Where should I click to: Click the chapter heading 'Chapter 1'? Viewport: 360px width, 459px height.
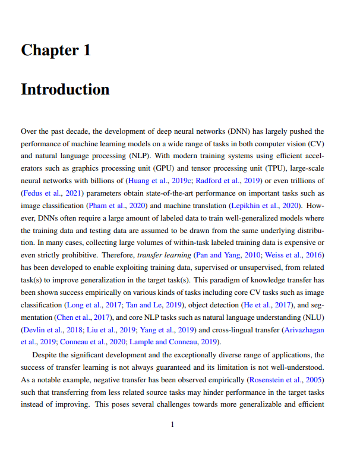click(56, 50)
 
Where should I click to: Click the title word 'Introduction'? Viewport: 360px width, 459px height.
click(65, 89)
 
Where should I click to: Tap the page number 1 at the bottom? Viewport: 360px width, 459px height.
click(172, 424)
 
